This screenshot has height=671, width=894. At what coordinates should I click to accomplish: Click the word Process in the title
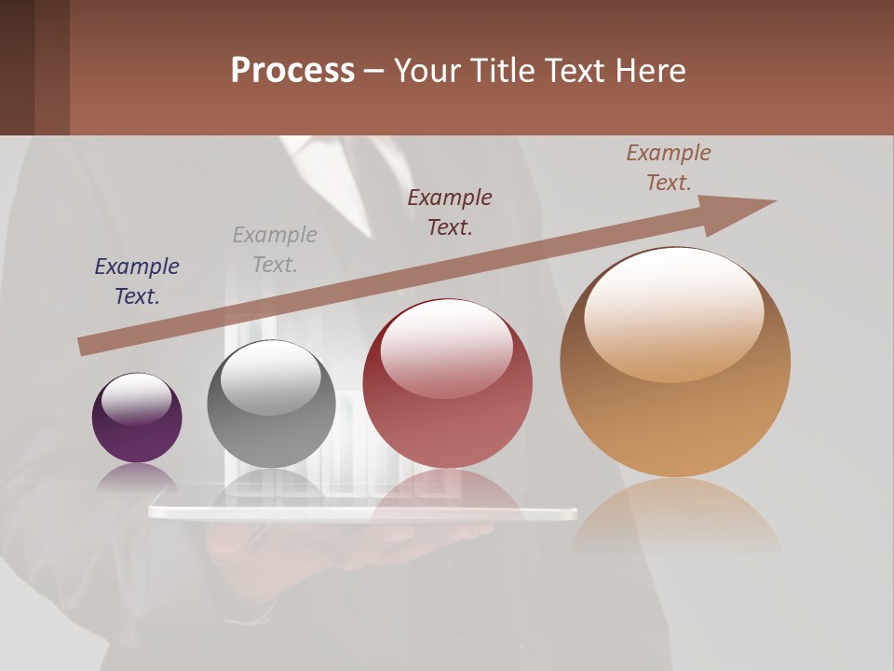tap(292, 71)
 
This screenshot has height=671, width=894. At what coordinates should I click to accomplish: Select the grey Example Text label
tap(275, 250)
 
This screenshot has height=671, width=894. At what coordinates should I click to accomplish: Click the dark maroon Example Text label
tap(450, 212)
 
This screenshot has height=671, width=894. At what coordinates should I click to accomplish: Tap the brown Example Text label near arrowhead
tap(669, 168)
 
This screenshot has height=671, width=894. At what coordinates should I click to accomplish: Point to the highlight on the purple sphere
tap(137, 398)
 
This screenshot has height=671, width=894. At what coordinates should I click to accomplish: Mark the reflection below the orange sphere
tap(675, 517)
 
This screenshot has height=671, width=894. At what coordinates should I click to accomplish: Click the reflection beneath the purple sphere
tap(137, 477)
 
